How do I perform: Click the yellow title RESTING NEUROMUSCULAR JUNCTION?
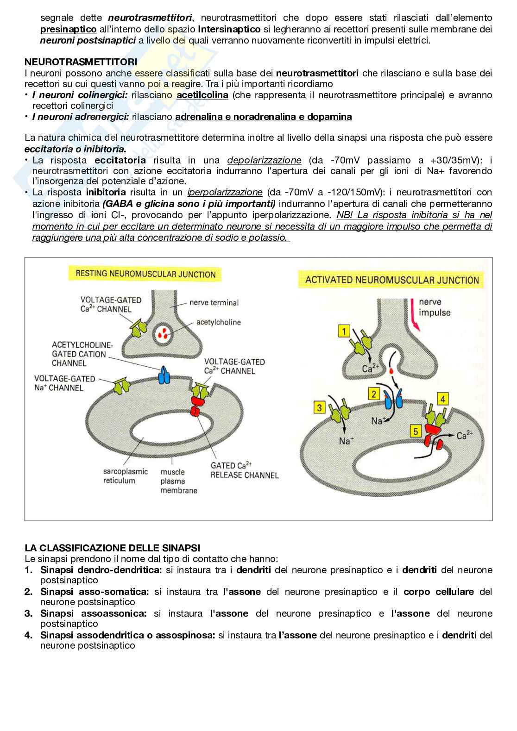pyautogui.click(x=142, y=274)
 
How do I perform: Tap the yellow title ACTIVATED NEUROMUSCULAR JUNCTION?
pyautogui.click(x=392, y=280)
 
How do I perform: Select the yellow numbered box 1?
pyautogui.click(x=344, y=331)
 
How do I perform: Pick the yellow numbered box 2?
pyautogui.click(x=373, y=394)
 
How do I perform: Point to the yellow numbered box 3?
pyautogui.click(x=320, y=407)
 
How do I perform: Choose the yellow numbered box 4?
pyautogui.click(x=443, y=399)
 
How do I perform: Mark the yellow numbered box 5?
pyautogui.click(x=416, y=431)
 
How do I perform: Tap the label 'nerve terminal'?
pyautogui.click(x=214, y=303)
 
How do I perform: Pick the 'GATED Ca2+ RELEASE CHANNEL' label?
pyautogui.click(x=245, y=470)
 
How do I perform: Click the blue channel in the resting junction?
pyautogui.click(x=165, y=375)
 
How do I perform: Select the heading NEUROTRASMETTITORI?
pyautogui.click(x=80, y=62)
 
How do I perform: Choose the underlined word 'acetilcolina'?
pyautogui.click(x=202, y=95)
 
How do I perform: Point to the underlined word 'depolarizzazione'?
pyautogui.click(x=264, y=160)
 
